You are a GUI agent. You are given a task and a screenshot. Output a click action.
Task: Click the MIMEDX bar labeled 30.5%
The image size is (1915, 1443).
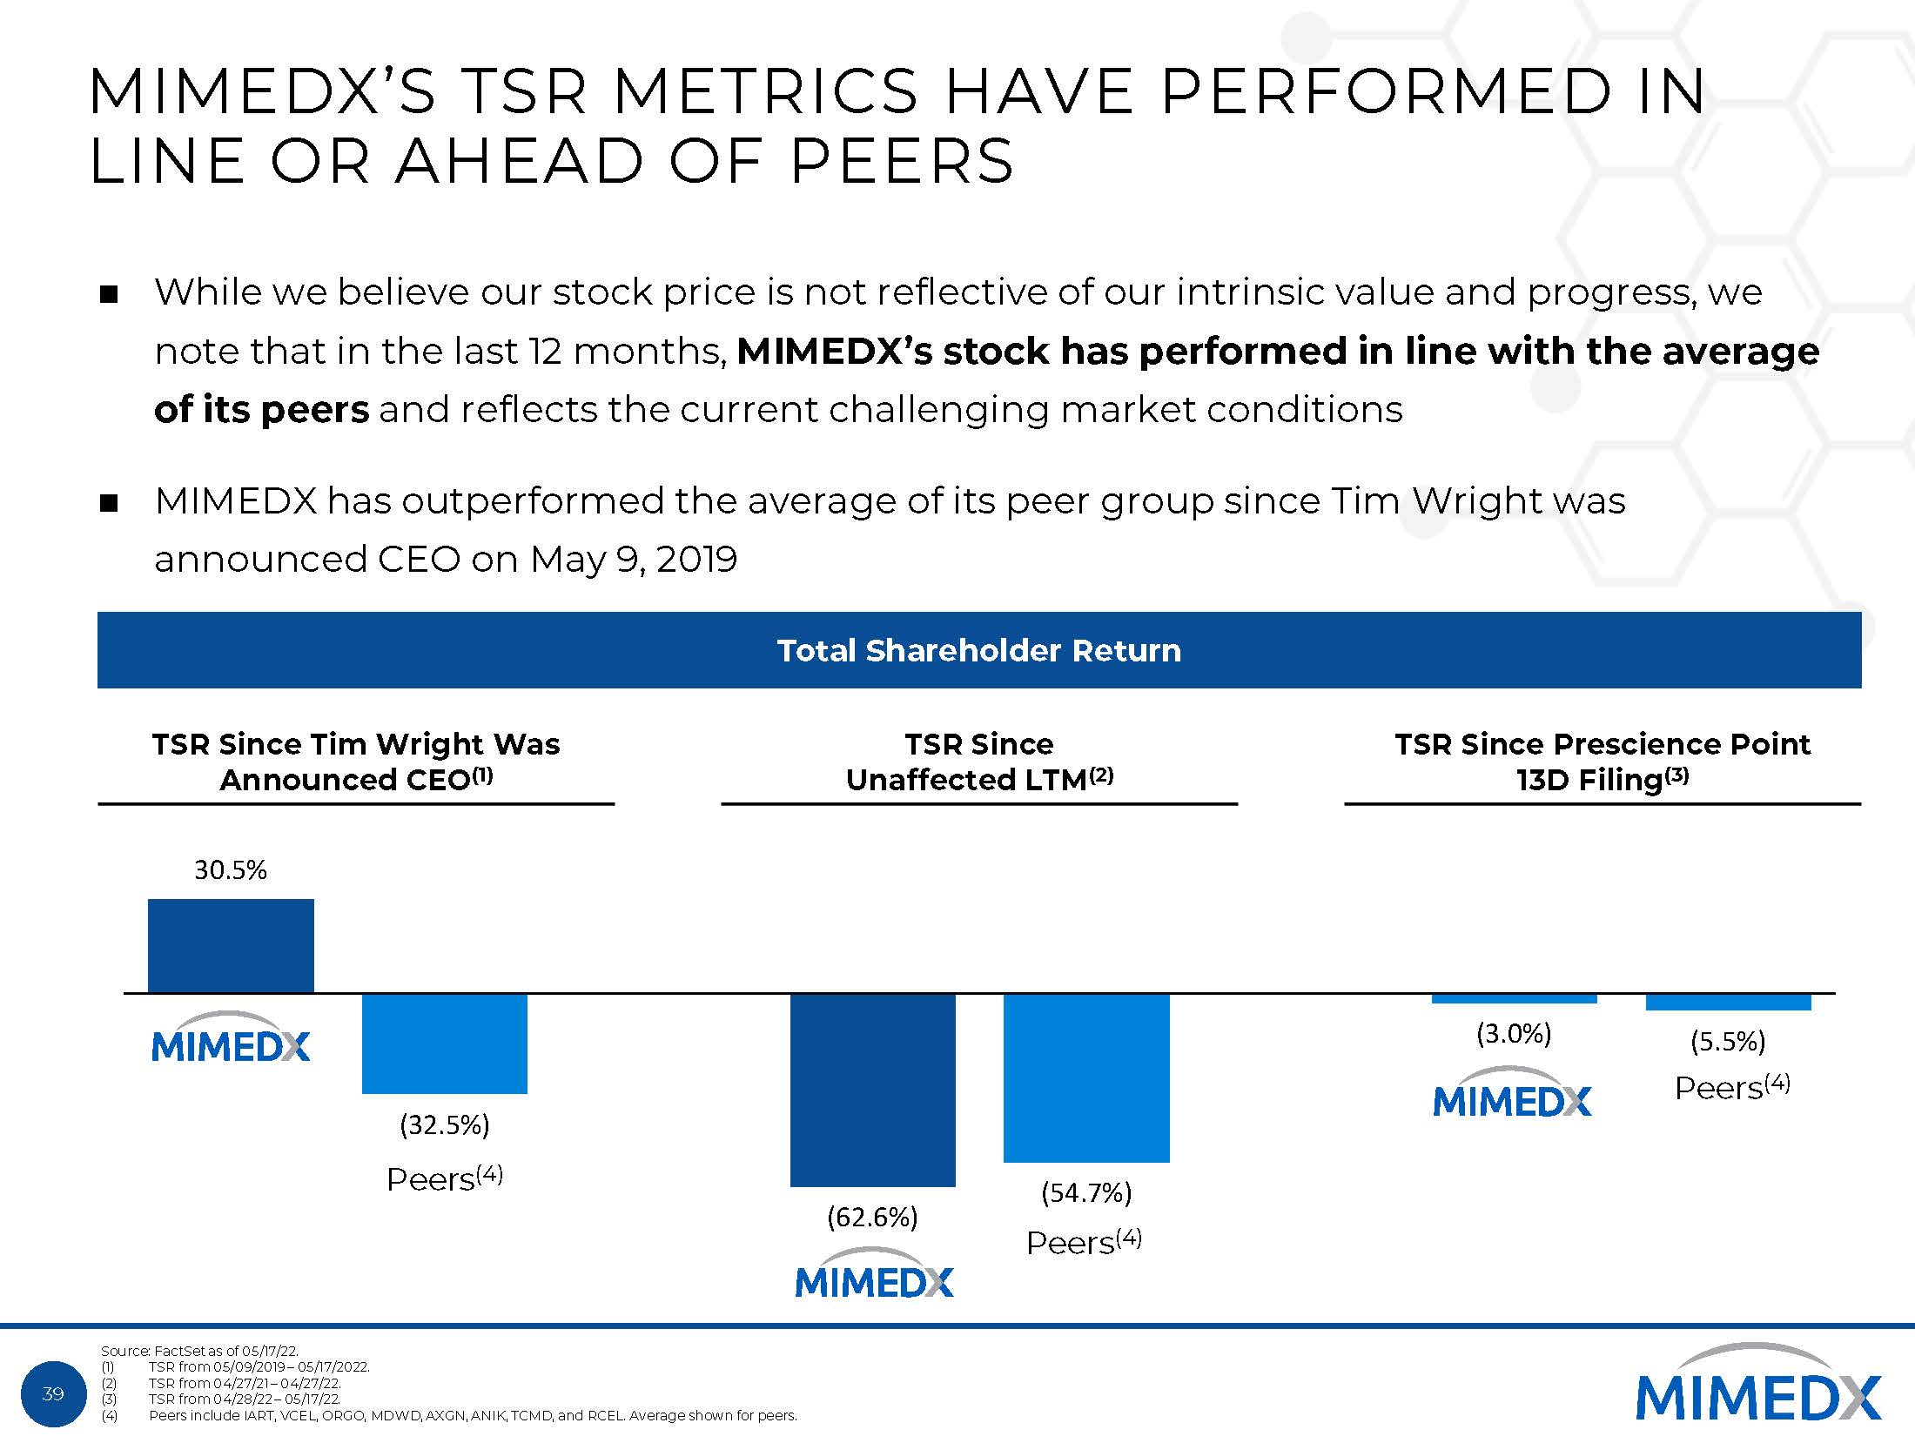tap(231, 945)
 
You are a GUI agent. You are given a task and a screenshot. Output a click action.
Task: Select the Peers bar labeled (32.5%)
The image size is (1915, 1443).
tap(444, 1043)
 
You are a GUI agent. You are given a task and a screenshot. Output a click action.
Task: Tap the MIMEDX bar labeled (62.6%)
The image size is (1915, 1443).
tap(872, 1089)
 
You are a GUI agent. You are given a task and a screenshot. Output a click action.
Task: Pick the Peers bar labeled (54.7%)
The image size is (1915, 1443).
tap(1085, 1077)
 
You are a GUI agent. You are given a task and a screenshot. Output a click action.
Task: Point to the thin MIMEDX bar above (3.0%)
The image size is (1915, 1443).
tap(1514, 998)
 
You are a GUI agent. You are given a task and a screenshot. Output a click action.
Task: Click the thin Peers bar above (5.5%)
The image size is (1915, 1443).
tap(1728, 1002)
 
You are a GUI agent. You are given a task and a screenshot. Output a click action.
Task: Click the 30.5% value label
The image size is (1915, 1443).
tap(231, 869)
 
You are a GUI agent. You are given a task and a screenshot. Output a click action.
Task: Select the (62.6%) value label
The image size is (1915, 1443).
tap(872, 1216)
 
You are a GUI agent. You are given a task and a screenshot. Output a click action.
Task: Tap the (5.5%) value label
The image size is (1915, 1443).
tap(1728, 1041)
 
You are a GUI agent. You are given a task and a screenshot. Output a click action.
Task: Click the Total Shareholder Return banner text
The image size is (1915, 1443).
tap(978, 650)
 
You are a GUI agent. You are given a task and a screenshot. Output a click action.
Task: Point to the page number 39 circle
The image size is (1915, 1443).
tap(53, 1393)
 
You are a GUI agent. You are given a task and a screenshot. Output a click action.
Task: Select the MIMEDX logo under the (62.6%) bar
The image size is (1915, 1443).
tap(874, 1273)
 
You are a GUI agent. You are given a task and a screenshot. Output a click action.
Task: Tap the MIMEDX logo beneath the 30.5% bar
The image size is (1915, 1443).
tap(231, 1038)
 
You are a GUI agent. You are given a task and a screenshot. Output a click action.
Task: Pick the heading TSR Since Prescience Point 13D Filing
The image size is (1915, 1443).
tap(1602, 762)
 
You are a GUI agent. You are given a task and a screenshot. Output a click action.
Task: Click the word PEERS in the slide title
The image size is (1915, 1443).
tap(901, 161)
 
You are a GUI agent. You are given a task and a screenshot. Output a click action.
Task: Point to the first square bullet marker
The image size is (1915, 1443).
tap(109, 293)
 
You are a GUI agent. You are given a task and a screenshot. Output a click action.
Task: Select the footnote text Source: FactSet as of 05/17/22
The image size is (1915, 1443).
tap(199, 1351)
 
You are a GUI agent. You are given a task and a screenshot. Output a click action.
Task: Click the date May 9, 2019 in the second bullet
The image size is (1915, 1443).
tap(633, 559)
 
